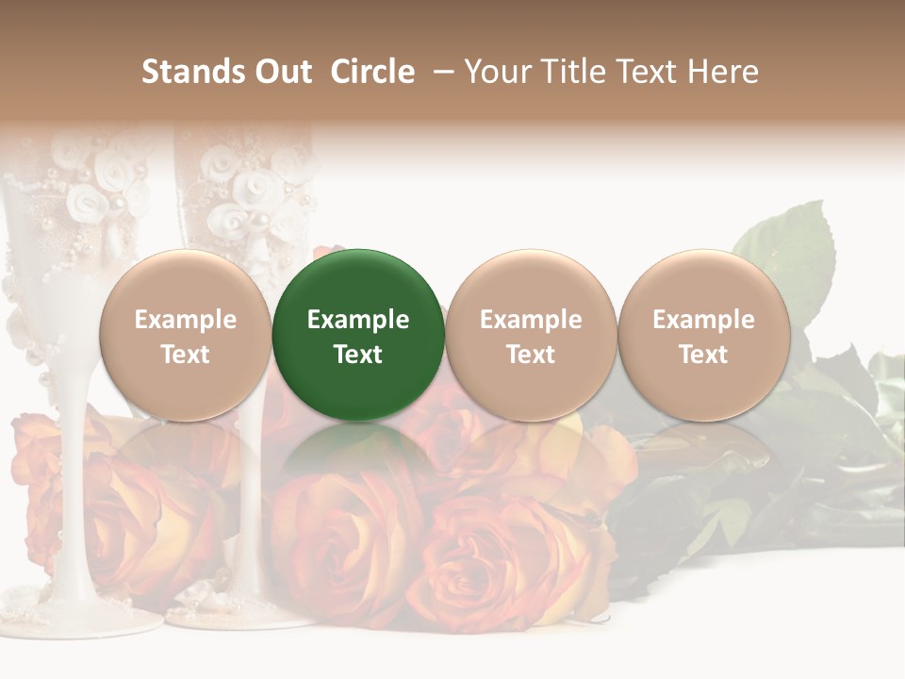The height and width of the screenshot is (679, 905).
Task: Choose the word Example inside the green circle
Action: click(358, 320)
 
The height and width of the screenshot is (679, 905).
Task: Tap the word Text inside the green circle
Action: click(358, 355)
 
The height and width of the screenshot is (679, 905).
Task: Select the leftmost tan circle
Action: click(185, 283)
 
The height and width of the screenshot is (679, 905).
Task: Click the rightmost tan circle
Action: click(703, 283)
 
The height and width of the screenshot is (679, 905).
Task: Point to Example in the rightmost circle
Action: click(703, 320)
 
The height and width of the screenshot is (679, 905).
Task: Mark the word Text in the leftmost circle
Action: click(185, 355)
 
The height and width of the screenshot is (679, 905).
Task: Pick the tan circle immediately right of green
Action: click(531, 283)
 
